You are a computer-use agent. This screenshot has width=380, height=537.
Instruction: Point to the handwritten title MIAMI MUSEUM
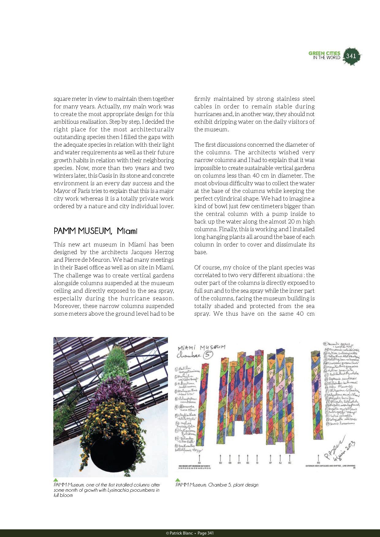point(202,347)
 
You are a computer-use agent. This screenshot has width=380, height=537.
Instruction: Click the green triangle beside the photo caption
point(56,480)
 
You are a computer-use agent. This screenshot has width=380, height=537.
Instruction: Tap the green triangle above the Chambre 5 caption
point(177,480)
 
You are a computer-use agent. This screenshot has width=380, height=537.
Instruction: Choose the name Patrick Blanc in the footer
point(180,533)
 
